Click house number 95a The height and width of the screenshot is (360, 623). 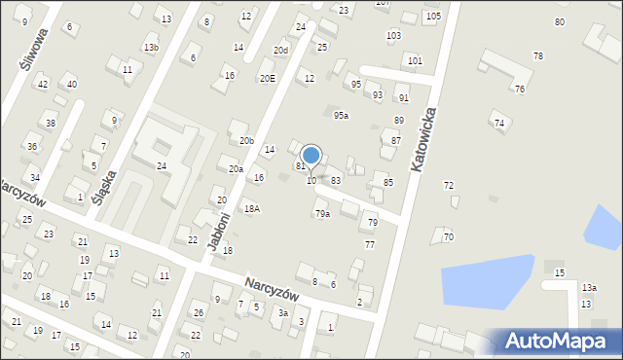[341, 116]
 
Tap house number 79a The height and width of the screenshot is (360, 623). [322, 214]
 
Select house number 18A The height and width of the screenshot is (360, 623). [252, 208]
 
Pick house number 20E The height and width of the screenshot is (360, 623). [266, 78]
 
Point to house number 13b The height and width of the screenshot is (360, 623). [151, 48]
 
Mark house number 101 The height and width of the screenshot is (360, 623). [415, 60]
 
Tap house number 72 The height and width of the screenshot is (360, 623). [449, 185]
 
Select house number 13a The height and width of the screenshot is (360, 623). [589, 288]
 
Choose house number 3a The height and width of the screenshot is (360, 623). [282, 312]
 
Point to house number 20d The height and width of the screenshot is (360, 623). [280, 50]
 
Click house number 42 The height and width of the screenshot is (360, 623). [42, 85]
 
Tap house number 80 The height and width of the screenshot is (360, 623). [560, 21]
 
